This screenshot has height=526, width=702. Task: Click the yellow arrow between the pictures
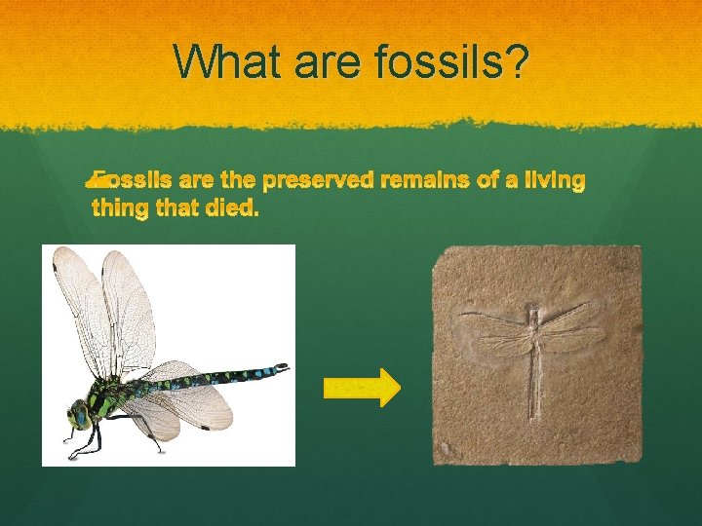[x=361, y=388]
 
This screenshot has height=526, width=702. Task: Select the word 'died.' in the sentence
[x=233, y=207]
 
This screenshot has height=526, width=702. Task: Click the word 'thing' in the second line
[x=117, y=207]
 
